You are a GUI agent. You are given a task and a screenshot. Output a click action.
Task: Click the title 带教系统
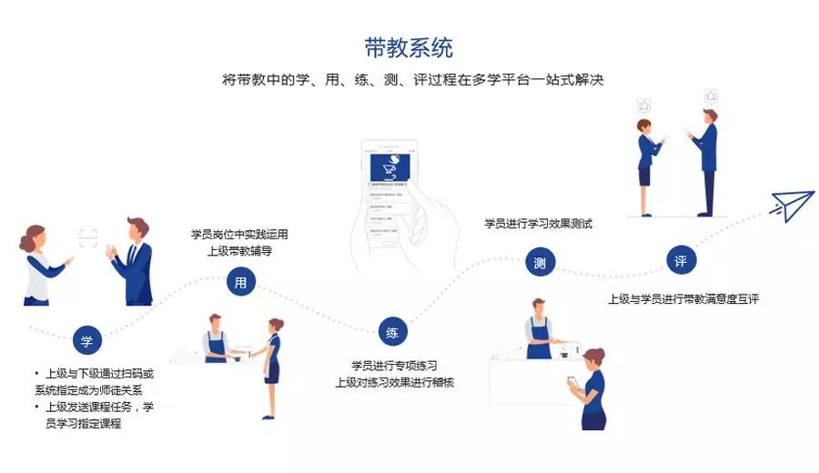tap(408, 47)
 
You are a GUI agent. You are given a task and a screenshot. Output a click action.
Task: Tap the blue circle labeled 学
tap(86, 342)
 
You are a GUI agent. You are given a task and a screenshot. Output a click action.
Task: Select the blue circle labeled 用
tap(240, 283)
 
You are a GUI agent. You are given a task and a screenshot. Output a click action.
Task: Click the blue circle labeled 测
tap(540, 264)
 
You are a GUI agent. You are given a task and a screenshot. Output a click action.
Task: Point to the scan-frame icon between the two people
tap(87, 238)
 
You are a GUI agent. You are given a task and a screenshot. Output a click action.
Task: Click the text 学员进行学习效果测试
tap(538, 223)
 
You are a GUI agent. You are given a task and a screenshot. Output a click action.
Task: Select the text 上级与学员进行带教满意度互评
tap(682, 298)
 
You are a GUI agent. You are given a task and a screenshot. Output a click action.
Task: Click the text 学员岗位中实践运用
tap(239, 234)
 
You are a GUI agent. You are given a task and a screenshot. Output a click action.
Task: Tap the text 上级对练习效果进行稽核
tap(394, 383)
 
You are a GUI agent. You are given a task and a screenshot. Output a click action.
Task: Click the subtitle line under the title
tap(412, 80)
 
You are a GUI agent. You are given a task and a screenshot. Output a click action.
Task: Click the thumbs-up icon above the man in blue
tap(712, 94)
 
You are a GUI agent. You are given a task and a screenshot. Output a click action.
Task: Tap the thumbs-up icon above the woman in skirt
tap(643, 104)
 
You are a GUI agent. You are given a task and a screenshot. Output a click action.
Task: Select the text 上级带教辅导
tap(239, 251)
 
